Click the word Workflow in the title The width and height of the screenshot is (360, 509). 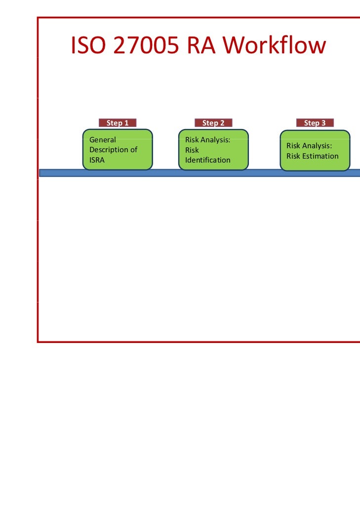[274, 46]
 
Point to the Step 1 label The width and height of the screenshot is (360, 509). [118, 123]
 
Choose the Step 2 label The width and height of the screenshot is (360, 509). [213, 123]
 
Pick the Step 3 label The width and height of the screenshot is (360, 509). [315, 123]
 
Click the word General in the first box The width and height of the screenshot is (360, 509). [102, 140]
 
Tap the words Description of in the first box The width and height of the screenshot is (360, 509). [113, 150]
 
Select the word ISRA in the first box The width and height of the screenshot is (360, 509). [97, 160]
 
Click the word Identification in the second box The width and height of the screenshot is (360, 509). [207, 160]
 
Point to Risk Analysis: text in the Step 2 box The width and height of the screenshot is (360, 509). [207, 140]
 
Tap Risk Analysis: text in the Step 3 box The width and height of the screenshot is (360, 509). [309, 146]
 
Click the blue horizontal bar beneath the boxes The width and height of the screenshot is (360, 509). [198, 173]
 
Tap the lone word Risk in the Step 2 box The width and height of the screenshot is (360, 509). [192, 150]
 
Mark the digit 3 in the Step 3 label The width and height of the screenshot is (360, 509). [323, 123]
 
